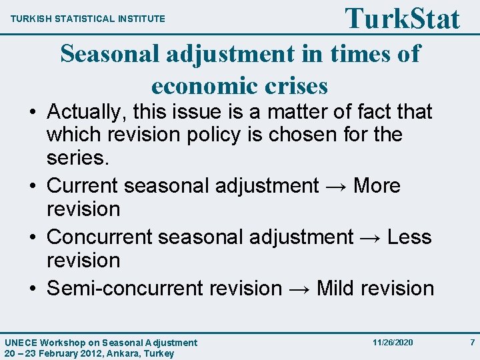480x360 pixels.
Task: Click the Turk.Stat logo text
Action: pyautogui.click(x=402, y=18)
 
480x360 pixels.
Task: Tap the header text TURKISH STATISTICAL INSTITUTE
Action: pyautogui.click(x=88, y=19)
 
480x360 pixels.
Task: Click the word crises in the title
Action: pyautogui.click(x=295, y=86)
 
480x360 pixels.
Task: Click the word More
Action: pyautogui.click(x=377, y=185)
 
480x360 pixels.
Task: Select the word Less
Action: pyautogui.click(x=409, y=237)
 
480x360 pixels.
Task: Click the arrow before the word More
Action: pyautogui.click(x=336, y=185)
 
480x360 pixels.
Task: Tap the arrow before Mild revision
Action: pyautogui.click(x=299, y=289)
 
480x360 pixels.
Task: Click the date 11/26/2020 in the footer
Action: pyautogui.click(x=393, y=343)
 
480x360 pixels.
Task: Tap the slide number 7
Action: pyautogui.click(x=472, y=343)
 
